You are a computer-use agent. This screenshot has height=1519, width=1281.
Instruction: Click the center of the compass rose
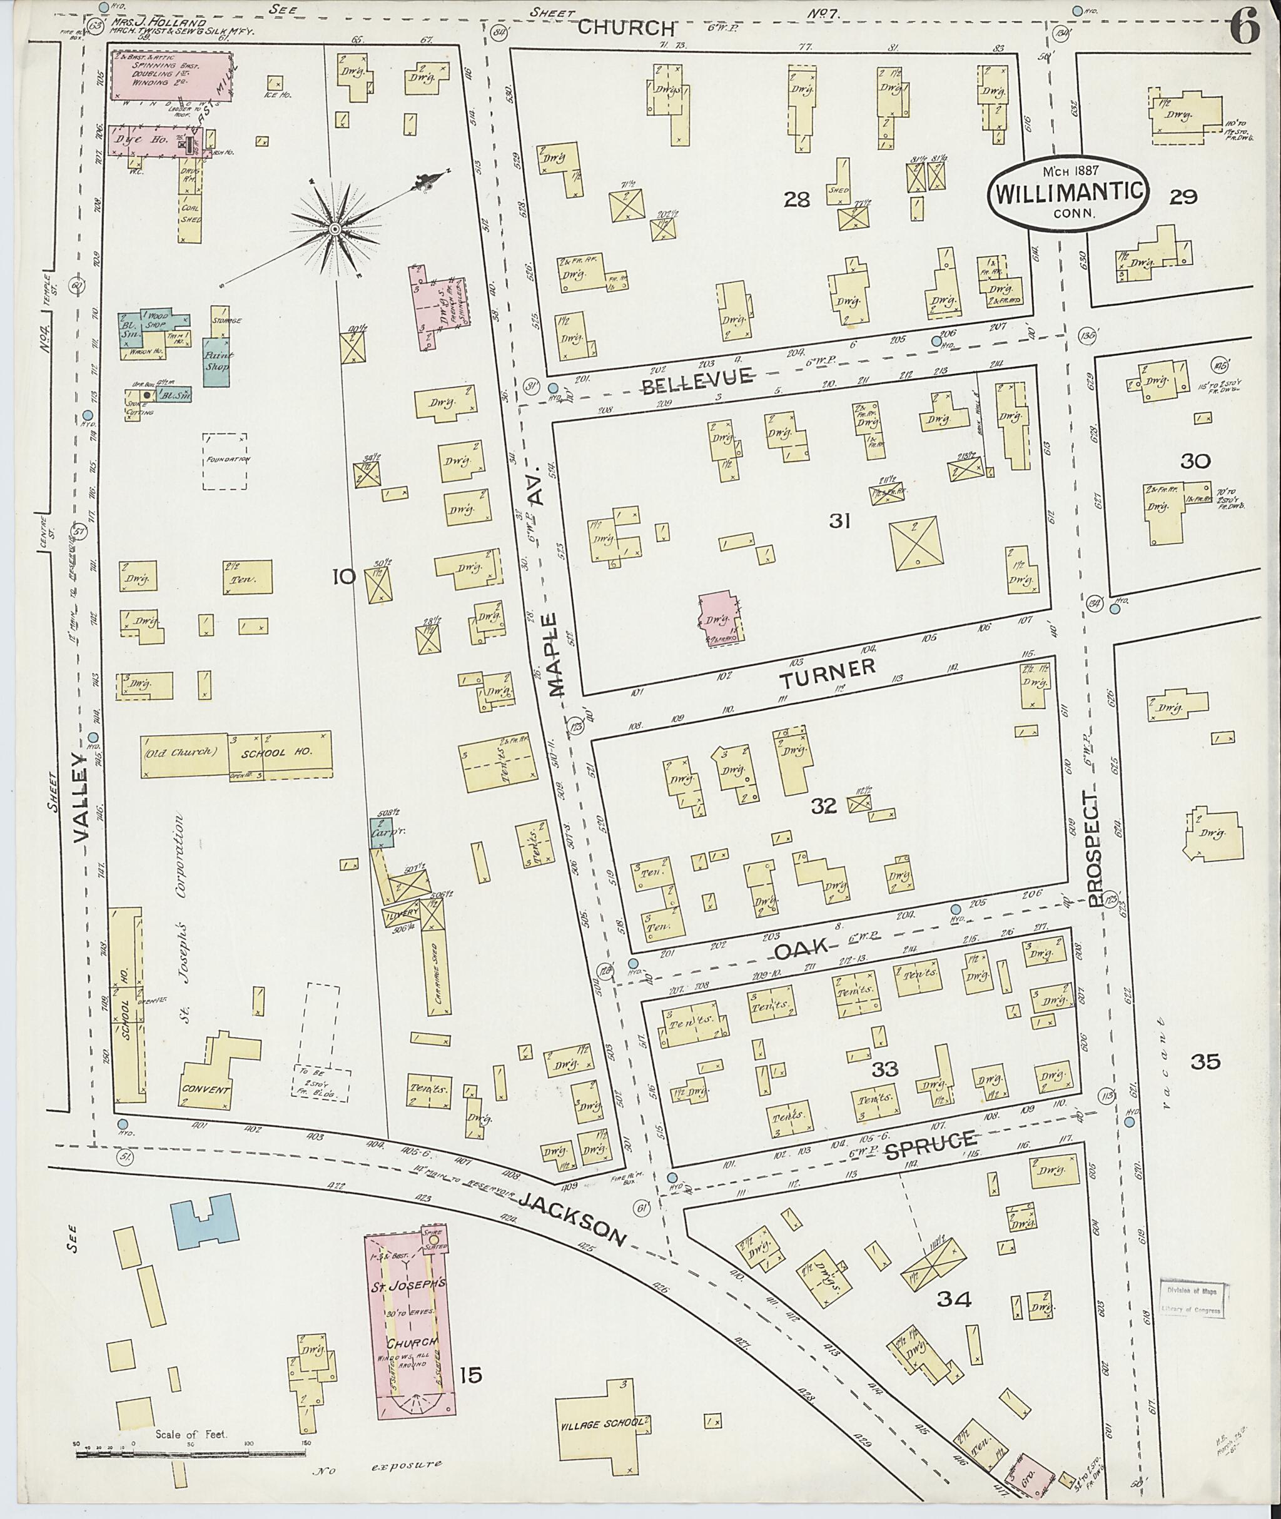[335, 230]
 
